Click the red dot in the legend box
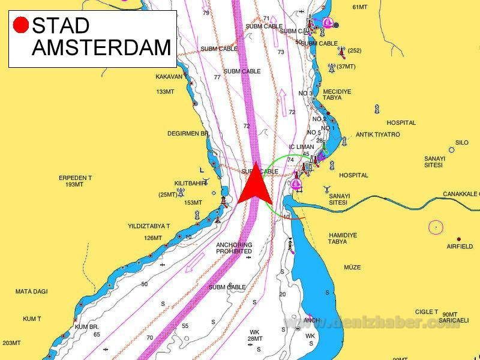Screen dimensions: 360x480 coord(21,25)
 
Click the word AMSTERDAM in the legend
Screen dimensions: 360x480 coord(101,47)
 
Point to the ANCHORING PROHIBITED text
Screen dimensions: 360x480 coord(234,248)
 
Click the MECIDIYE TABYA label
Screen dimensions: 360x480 coord(337,95)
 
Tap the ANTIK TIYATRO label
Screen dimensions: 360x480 coord(377,134)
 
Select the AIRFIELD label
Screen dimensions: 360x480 coord(460,247)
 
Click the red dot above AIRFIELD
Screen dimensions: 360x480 coord(459,239)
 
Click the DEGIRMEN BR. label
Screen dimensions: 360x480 coord(188,134)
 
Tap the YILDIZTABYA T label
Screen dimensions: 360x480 coord(149,226)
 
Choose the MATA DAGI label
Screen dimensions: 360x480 coord(31,292)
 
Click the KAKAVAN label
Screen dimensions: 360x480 coord(169,77)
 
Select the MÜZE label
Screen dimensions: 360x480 coord(352,267)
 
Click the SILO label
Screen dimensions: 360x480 coord(461,143)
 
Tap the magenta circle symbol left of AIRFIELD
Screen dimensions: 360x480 coord(436,227)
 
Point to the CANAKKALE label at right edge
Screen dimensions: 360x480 coord(461,194)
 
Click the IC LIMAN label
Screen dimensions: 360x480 coord(301,146)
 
